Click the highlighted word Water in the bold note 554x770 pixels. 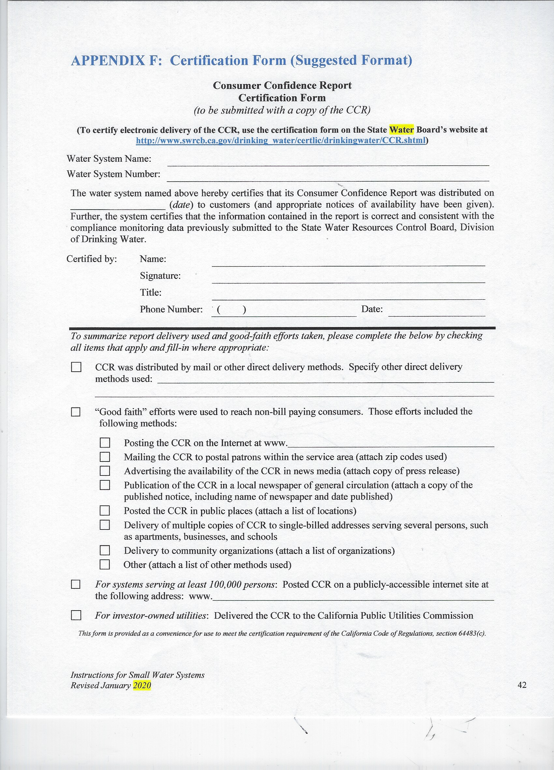401,130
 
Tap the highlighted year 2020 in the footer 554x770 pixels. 142,685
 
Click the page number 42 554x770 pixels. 522,685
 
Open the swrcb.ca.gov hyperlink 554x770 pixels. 281,141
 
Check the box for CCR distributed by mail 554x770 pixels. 76,367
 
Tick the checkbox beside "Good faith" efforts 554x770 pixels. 76,412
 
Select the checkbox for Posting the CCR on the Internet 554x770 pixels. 105,443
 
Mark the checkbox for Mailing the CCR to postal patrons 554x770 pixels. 105,457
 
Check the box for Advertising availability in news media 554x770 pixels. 105,471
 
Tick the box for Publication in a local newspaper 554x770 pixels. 105,485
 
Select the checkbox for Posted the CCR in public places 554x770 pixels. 105,511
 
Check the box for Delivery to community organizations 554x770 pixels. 105,550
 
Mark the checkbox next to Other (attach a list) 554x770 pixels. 105,564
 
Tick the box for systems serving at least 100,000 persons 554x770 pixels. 76,584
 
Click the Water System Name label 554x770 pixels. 109,159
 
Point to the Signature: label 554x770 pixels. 160,276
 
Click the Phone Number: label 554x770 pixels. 171,309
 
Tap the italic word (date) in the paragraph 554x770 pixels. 181,205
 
